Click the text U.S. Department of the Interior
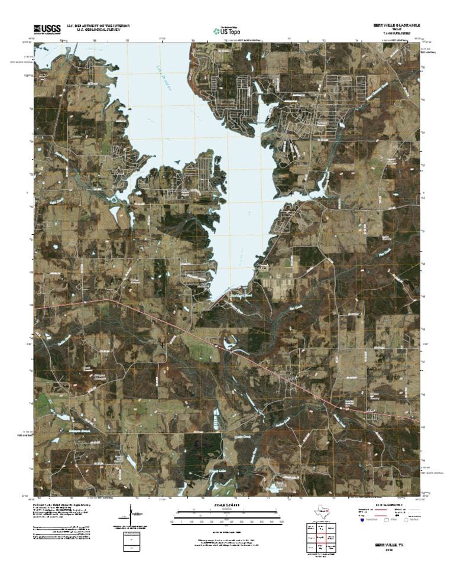pos(98,25)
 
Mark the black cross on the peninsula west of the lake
pos(162,193)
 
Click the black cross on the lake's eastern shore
pos(291,193)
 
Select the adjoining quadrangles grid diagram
pos(319,538)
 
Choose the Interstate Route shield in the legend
pos(362,520)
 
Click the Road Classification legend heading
pos(387,507)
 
